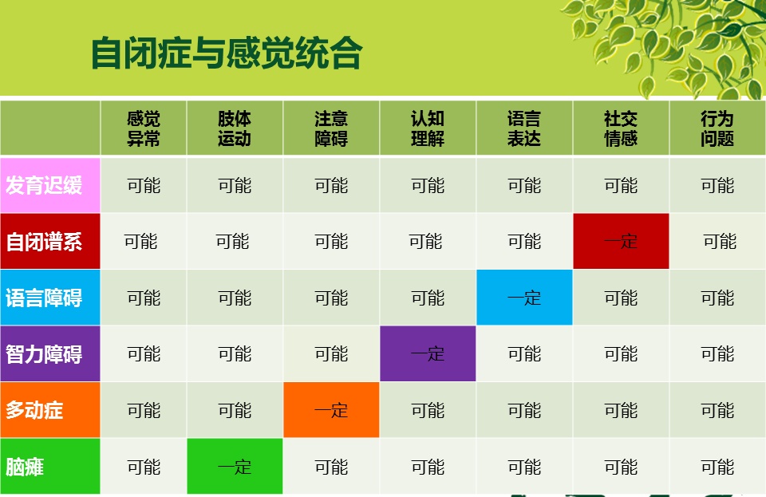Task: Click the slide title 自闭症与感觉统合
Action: (x=226, y=53)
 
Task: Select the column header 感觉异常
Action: (x=143, y=128)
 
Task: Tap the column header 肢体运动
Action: (x=235, y=128)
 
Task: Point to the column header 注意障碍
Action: (x=331, y=128)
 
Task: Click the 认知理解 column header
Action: (x=428, y=128)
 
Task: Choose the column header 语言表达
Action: (x=524, y=128)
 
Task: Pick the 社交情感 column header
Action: (x=621, y=128)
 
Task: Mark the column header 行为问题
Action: (x=717, y=128)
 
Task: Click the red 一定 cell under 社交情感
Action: (x=621, y=241)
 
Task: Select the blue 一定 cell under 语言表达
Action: (x=524, y=298)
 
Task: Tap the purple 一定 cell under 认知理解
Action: (x=428, y=353)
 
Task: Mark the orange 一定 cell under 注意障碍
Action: (x=331, y=409)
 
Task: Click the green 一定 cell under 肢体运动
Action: (x=235, y=466)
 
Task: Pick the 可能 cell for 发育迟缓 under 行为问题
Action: (x=717, y=186)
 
